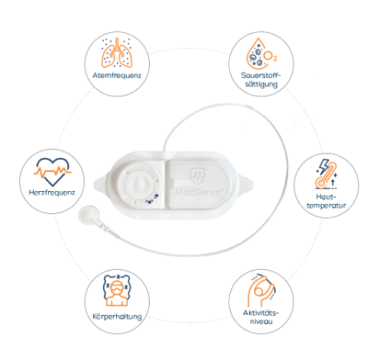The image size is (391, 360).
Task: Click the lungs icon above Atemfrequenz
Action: (117, 53)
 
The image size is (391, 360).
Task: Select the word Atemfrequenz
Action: (117, 76)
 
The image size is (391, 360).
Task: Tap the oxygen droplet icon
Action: (257, 54)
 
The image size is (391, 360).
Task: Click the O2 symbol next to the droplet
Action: (270, 57)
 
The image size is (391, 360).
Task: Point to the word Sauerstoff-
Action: (261, 76)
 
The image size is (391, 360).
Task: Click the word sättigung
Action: (261, 84)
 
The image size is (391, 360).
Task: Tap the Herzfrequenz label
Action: (52, 193)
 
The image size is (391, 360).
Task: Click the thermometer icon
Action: (326, 176)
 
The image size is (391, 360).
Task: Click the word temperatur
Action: (326, 206)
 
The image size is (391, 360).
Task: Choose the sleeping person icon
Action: (117, 290)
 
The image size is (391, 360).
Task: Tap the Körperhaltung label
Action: (117, 316)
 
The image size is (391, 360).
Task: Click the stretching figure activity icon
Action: (261, 290)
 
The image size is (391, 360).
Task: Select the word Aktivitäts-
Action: (261, 313)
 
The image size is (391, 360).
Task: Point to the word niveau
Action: (261, 322)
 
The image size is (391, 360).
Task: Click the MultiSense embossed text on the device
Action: (199, 193)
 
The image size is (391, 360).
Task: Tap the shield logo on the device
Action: (198, 176)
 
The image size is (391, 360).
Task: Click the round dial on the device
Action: (140, 184)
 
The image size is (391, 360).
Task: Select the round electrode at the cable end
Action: (88, 215)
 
